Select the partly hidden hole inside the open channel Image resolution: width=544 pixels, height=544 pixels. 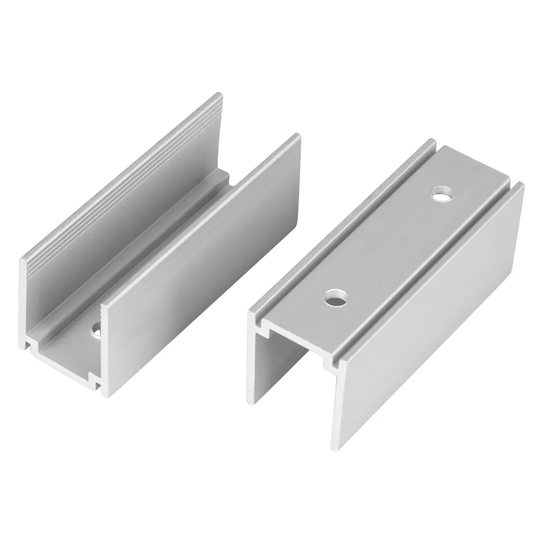(x=96, y=330)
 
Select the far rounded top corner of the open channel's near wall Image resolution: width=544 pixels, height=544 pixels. (x=296, y=136)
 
